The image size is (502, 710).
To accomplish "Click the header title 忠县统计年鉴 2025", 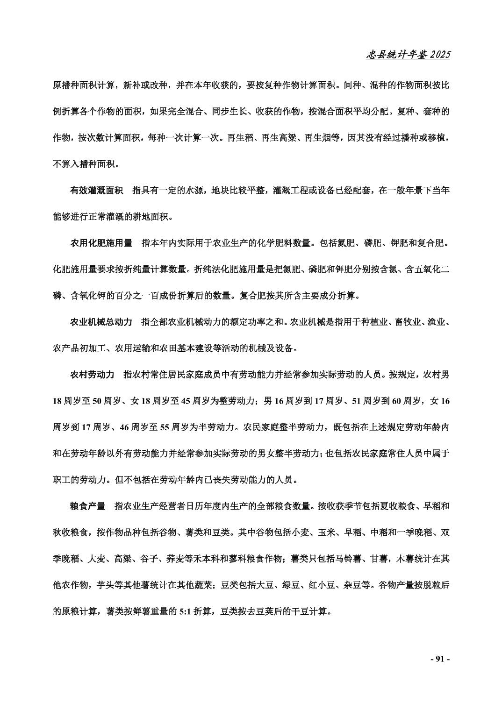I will tap(408, 55).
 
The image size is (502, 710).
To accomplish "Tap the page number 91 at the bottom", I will tap(439, 659).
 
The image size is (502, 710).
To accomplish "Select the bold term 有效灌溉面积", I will tap(96, 191).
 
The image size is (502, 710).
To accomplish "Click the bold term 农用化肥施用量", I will tap(101, 243).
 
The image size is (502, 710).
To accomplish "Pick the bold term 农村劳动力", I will tap(92, 375).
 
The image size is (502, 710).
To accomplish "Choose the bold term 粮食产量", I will tap(87, 506).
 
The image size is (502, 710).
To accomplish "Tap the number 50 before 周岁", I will tap(97, 401).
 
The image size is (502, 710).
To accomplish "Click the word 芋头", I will tap(105, 585).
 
